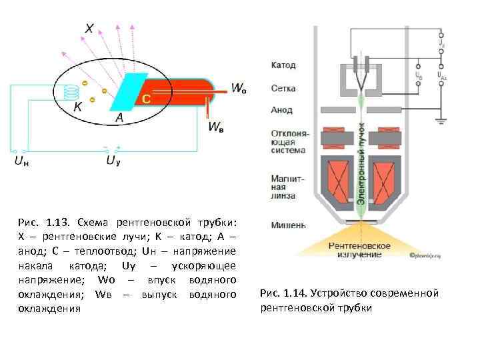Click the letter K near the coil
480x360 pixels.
pyautogui.click(x=78, y=106)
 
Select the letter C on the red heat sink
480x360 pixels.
pyautogui.click(x=146, y=99)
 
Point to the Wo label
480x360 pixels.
pyautogui.click(x=238, y=88)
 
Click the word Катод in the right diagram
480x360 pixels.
pyautogui.click(x=283, y=65)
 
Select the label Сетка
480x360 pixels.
pyautogui.click(x=283, y=88)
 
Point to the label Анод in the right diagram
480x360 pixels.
pyautogui.click(x=282, y=110)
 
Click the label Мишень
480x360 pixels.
pyautogui.click(x=287, y=225)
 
